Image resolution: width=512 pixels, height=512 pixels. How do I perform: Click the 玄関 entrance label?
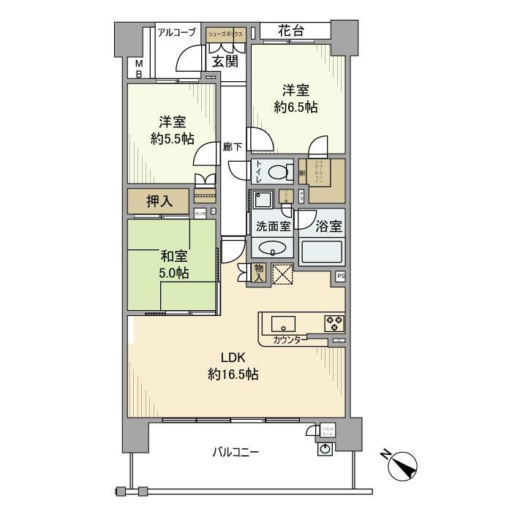point(225,61)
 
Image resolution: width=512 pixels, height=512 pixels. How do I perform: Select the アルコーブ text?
point(176,31)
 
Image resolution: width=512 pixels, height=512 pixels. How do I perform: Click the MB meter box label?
point(138,68)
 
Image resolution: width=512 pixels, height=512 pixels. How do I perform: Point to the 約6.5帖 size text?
point(296,107)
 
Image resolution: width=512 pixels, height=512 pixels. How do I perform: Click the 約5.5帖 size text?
point(173,137)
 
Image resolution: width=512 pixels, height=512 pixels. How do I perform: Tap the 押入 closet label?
point(159,202)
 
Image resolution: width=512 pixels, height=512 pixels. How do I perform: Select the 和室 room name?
point(174,257)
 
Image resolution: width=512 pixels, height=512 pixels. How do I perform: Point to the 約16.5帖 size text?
point(233,374)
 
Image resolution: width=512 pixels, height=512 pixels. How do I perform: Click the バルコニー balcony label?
point(236,452)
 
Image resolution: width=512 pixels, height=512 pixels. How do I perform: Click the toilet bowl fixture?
point(277,172)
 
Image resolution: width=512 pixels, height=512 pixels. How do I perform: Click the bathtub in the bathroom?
point(320,251)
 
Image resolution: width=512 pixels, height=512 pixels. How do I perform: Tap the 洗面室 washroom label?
point(273,227)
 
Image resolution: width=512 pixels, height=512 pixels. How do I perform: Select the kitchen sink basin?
point(283,322)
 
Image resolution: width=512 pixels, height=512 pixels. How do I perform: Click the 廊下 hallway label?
point(233,146)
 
